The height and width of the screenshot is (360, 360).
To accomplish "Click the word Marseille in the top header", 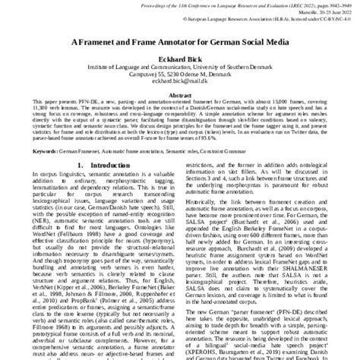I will click(x=296, y=16).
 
